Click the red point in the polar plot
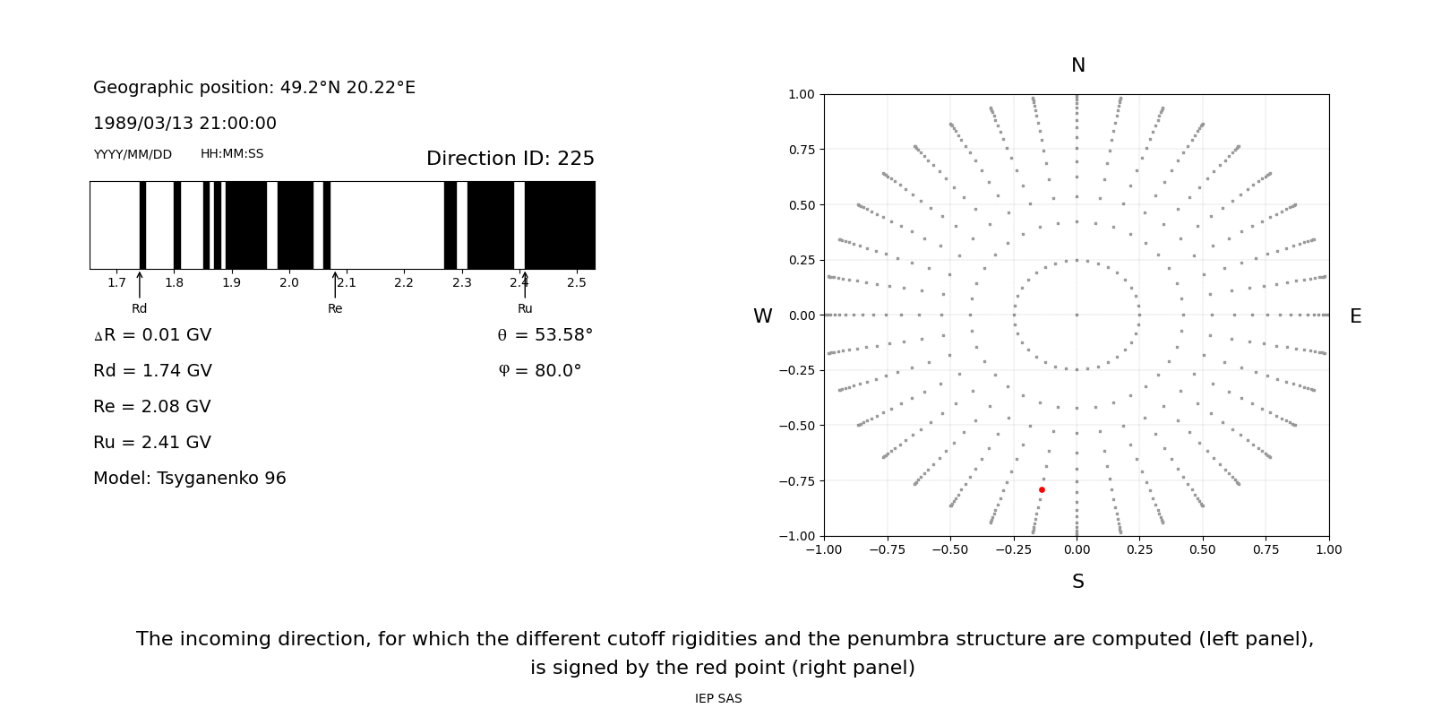[1042, 489]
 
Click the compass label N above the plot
[1077, 65]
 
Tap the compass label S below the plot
[1077, 582]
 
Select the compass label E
[1355, 316]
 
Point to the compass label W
[762, 316]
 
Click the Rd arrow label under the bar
[139, 309]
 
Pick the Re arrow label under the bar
[335, 309]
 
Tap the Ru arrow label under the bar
[525, 309]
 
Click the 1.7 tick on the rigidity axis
[116, 283]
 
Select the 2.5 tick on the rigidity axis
[576, 283]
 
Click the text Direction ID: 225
[510, 159]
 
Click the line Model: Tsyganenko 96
[190, 479]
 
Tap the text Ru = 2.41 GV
[152, 443]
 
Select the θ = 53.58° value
[545, 335]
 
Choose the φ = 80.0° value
[540, 371]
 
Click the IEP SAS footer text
[718, 699]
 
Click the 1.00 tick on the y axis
[801, 94]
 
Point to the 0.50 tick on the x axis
[1203, 549]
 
